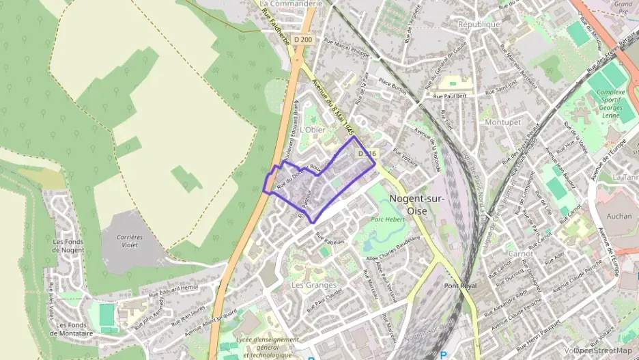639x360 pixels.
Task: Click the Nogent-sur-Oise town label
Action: pyautogui.click(x=416, y=204)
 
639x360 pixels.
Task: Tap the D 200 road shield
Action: pyautogui.click(x=303, y=40)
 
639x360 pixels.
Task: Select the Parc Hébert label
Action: pyautogui.click(x=388, y=219)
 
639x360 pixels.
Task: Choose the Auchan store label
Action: pyautogui.click(x=619, y=216)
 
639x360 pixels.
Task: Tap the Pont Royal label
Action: pyautogui.click(x=459, y=286)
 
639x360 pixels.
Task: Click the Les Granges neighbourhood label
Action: pyautogui.click(x=314, y=284)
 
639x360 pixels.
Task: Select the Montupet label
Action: pyautogui.click(x=502, y=122)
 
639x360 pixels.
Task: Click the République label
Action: pyautogui.click(x=479, y=24)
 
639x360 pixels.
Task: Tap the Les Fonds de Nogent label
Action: pyautogui.click(x=68, y=245)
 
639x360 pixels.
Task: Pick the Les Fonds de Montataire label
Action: pyautogui.click(x=71, y=329)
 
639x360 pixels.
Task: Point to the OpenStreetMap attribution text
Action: pyautogui.click(x=602, y=350)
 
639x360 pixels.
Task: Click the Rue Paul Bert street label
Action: pyautogui.click(x=449, y=97)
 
